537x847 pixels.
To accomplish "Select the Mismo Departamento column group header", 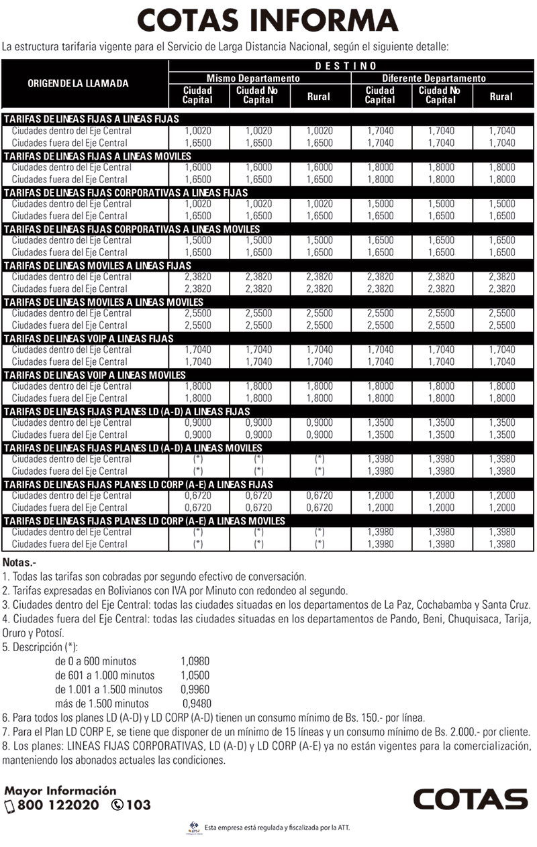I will click(x=258, y=78).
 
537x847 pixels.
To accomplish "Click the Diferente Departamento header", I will click(x=442, y=78).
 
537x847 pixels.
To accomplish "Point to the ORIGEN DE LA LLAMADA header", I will click(x=78, y=84).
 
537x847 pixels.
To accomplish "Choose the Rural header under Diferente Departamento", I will click(x=501, y=97).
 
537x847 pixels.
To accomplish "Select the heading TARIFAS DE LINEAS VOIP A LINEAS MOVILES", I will click(x=95, y=374).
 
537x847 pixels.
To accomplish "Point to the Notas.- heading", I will click(x=21, y=562).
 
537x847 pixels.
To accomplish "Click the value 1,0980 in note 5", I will click(x=195, y=661).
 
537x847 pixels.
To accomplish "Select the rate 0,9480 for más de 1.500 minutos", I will click(x=197, y=703).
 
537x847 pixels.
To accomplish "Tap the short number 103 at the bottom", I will click(x=138, y=805).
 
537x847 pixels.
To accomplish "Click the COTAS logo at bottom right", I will click(x=470, y=799).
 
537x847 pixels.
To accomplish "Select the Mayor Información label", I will click(x=60, y=791).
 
